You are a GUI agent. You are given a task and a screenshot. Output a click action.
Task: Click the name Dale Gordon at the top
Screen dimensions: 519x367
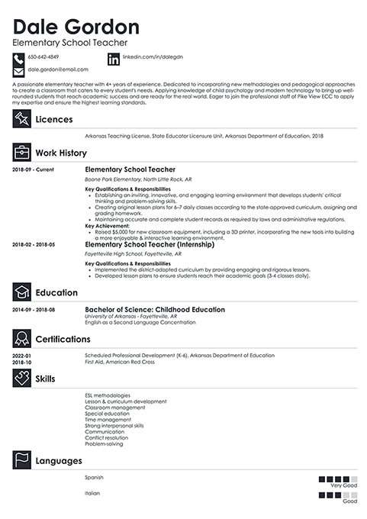pos(76,27)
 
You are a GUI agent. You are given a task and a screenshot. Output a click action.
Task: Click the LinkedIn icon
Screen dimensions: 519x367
pos(114,59)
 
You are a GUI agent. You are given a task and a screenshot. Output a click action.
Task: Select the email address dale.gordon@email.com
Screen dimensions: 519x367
pos(53,69)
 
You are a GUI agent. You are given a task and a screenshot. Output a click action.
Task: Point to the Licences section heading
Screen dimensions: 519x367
pos(60,119)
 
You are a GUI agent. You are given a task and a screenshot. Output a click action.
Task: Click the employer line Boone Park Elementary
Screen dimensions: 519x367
pos(130,179)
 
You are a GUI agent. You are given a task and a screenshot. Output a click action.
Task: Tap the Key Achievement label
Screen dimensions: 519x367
pos(108,226)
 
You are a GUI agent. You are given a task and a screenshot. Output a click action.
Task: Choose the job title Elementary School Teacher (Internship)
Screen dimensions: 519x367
pos(150,244)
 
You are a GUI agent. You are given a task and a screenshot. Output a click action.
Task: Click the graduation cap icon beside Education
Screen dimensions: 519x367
pos(22,292)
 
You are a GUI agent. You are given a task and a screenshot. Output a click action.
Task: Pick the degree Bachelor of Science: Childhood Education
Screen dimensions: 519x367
pos(155,310)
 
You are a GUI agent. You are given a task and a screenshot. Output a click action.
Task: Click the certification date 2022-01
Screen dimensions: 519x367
pos(22,356)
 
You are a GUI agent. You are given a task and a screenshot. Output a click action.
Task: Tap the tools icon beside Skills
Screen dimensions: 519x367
pos(22,379)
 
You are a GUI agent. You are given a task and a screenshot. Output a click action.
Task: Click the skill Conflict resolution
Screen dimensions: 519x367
pos(107,437)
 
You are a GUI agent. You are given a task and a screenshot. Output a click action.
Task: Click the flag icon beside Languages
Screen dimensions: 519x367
pos(22,460)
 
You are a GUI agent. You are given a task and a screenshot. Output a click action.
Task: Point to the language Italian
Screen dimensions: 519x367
pos(92,493)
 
